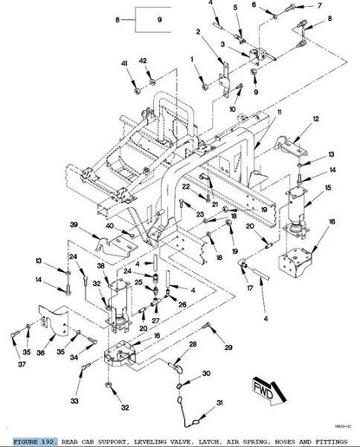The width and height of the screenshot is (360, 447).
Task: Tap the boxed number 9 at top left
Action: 159,18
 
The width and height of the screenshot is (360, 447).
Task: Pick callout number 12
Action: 315,118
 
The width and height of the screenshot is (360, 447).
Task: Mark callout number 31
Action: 220,403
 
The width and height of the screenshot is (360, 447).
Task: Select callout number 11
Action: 279,112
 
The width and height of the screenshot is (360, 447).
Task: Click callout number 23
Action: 200,215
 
